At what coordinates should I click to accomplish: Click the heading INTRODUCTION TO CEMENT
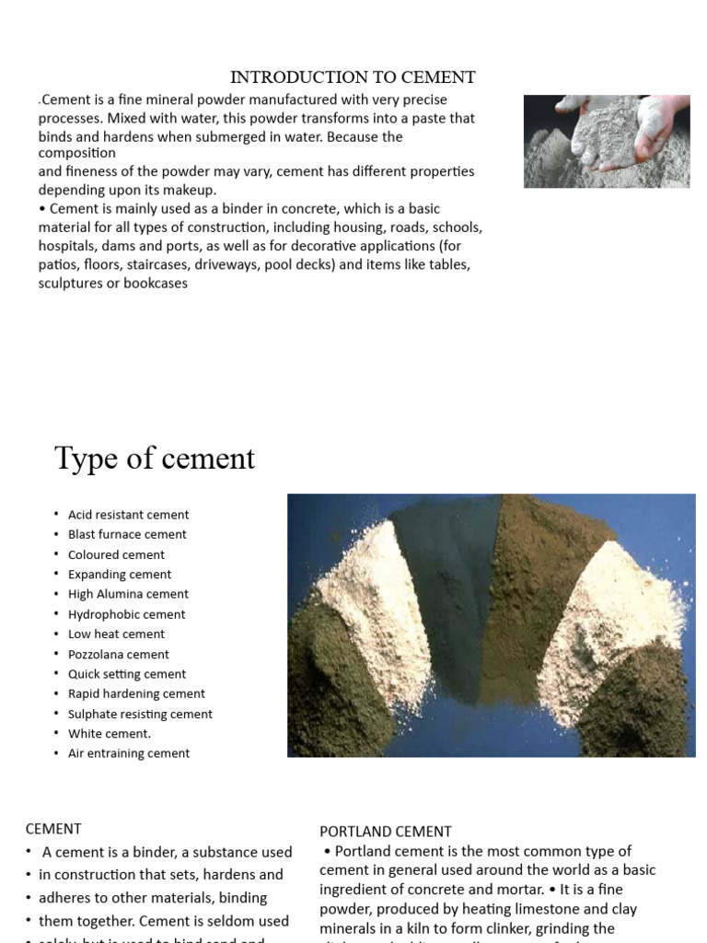(x=353, y=77)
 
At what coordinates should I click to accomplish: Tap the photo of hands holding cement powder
(x=606, y=141)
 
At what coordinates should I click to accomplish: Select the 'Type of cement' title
(x=155, y=458)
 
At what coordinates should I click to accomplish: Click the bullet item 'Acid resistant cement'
(x=128, y=515)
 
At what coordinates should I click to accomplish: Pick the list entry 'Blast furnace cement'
(x=127, y=534)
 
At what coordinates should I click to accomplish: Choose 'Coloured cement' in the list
(x=116, y=554)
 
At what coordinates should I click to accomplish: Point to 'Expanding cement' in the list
(x=120, y=575)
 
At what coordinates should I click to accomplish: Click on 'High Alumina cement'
(x=128, y=594)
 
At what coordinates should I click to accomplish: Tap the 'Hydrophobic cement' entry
(x=126, y=614)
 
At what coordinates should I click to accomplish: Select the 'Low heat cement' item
(x=116, y=634)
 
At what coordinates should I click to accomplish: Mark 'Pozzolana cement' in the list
(x=119, y=654)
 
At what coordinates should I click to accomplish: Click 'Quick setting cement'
(x=127, y=674)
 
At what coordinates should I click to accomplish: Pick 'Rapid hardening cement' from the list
(x=136, y=693)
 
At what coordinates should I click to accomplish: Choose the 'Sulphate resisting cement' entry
(x=140, y=714)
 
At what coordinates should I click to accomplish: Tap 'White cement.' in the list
(x=110, y=734)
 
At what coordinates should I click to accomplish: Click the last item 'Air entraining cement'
(x=129, y=753)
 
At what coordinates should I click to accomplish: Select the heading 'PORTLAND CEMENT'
(x=386, y=832)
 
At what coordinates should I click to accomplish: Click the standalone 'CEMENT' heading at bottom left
(x=53, y=829)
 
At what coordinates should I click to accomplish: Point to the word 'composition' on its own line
(x=77, y=153)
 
